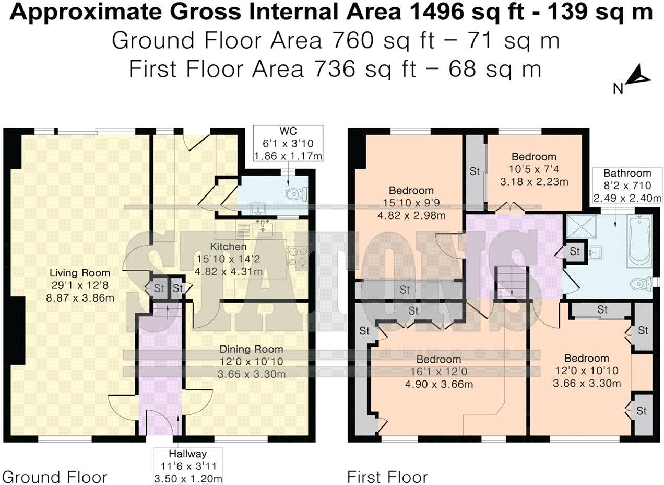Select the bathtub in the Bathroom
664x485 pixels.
coord(638,242)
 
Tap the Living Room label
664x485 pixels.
coord(80,273)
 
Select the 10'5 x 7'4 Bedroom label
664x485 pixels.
coord(533,169)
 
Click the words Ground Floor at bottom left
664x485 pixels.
coord(55,477)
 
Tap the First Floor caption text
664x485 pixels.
coord(387,477)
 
